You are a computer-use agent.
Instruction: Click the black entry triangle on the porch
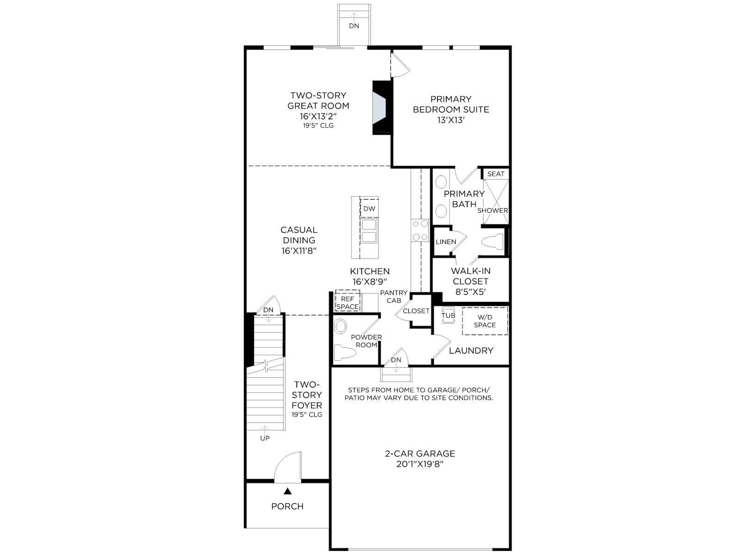288,491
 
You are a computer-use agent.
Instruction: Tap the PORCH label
288,506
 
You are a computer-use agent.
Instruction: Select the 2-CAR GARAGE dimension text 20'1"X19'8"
420,464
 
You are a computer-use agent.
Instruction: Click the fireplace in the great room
382,108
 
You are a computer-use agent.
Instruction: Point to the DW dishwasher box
369,208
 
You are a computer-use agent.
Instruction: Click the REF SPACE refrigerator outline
348,301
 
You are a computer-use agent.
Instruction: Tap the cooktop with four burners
420,230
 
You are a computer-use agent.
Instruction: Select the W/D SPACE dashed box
485,321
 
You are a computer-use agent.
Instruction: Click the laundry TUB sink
448,315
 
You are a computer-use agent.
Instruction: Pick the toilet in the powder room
345,353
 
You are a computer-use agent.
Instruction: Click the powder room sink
340,326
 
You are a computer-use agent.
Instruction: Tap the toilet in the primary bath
492,241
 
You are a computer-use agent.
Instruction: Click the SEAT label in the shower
496,174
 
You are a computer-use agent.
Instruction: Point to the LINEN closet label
446,241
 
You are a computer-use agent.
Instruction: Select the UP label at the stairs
265,438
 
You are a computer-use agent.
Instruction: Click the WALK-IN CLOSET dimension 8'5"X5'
471,292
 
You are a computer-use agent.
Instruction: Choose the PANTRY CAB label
394,296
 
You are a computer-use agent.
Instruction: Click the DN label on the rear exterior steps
354,26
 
